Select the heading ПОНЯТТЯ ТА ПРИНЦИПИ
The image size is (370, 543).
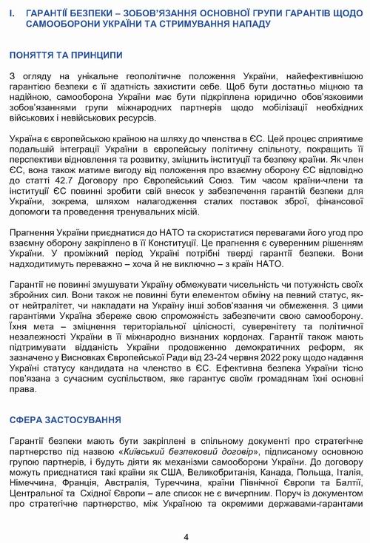66,55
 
